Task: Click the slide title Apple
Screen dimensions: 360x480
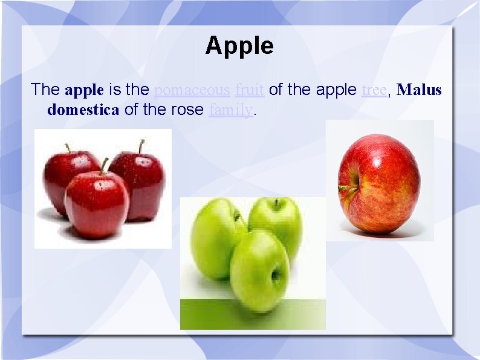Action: tap(239, 45)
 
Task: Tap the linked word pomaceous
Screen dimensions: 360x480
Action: tap(192, 90)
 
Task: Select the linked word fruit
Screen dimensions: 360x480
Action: tap(249, 90)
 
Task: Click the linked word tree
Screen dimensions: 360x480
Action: tap(374, 90)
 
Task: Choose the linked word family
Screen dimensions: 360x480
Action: tap(230, 110)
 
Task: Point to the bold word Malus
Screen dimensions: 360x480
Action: tap(420, 90)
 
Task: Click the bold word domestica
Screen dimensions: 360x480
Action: tap(83, 110)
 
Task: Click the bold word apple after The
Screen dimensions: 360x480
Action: tap(85, 90)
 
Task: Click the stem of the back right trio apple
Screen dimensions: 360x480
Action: tap(141, 146)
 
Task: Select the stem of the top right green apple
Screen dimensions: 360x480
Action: tap(276, 203)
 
